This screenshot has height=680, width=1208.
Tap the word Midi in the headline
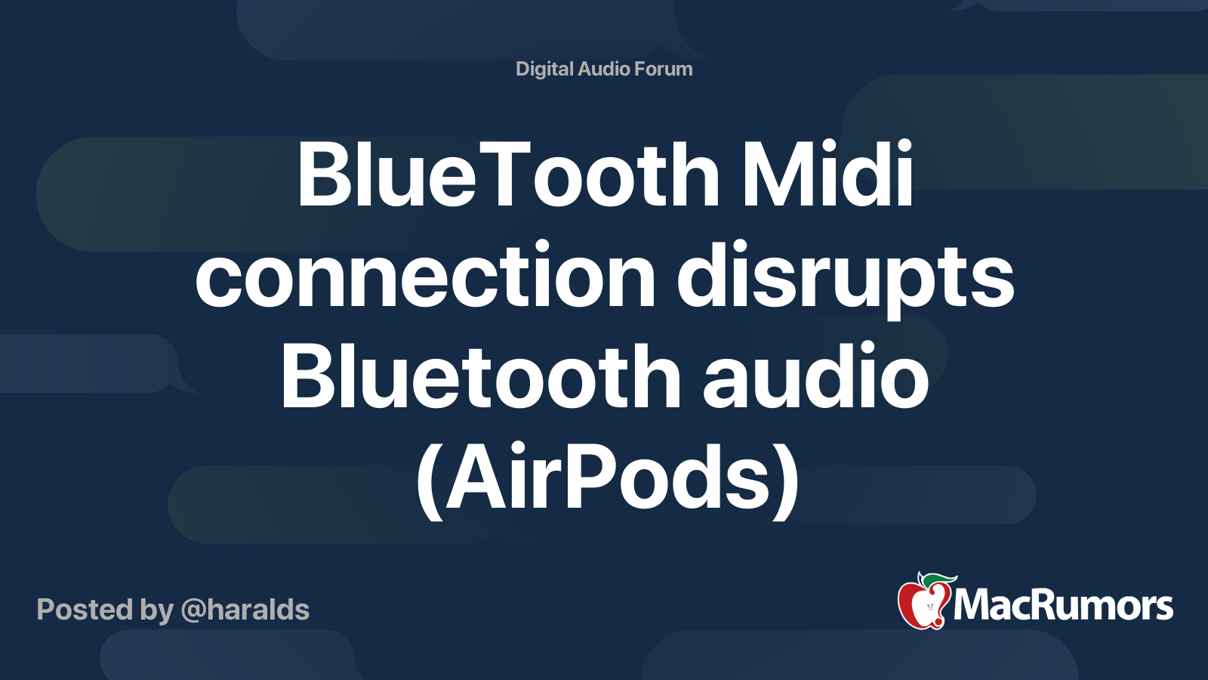click(827, 175)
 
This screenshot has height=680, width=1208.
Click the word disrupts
click(845, 276)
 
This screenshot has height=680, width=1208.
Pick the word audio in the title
click(815, 376)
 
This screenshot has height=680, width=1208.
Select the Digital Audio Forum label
click(604, 69)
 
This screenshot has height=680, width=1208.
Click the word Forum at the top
click(663, 69)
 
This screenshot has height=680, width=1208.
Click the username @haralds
click(245, 610)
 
